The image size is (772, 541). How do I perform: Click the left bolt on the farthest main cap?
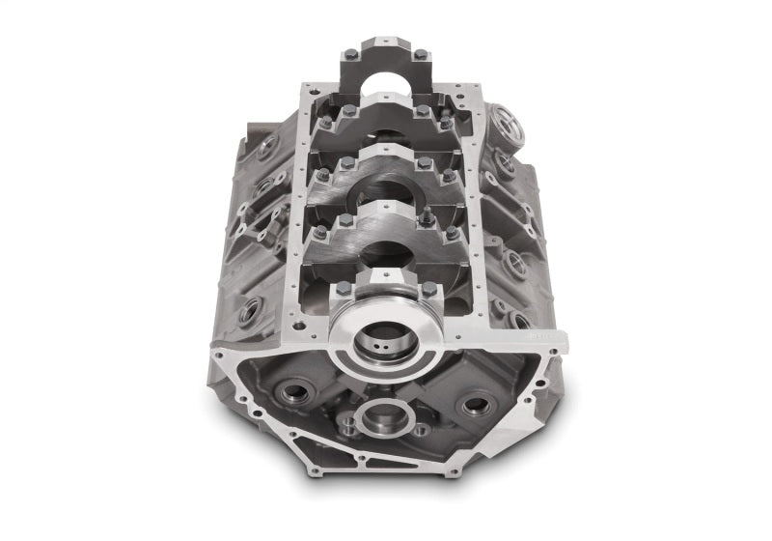[x=351, y=54]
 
